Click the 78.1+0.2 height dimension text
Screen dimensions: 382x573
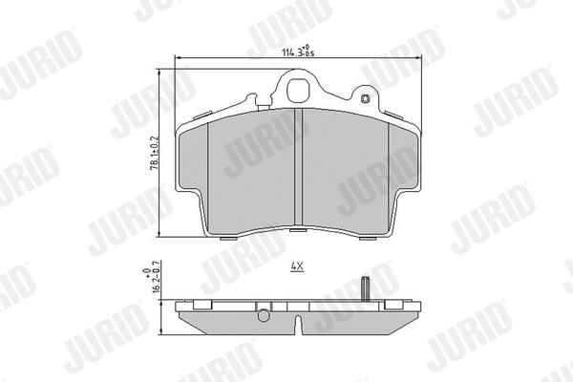pyautogui.click(x=153, y=154)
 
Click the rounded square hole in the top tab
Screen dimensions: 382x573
pyautogui.click(x=297, y=94)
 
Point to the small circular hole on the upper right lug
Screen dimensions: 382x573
pyautogui.click(x=364, y=97)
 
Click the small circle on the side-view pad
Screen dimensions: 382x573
pyautogui.click(x=264, y=314)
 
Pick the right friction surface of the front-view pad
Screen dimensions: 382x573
pyautogui.click(x=348, y=168)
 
